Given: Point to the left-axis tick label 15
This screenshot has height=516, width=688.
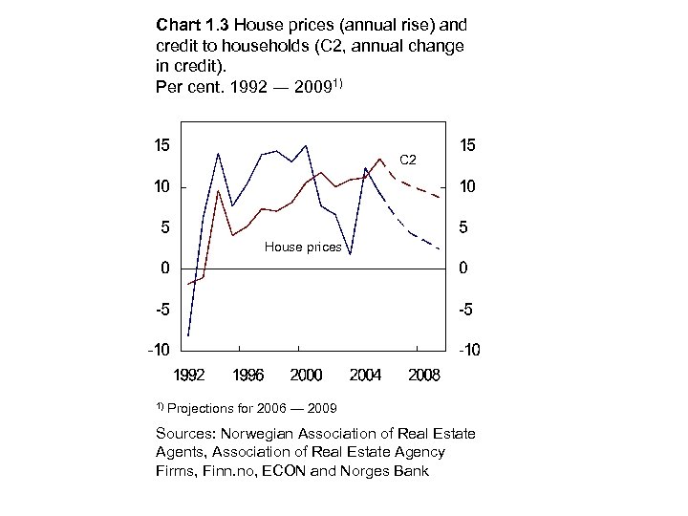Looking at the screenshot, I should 162,146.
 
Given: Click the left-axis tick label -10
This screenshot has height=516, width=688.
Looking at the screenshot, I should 159,350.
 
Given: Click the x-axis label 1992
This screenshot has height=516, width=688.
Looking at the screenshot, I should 188,376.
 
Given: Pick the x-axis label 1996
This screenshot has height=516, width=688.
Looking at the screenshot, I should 247,376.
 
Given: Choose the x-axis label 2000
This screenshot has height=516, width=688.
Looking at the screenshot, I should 306,376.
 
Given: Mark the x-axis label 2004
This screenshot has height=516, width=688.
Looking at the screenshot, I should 365,376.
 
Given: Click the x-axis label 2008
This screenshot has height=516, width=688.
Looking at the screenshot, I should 423,376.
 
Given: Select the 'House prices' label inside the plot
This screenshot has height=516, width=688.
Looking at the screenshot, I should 303,247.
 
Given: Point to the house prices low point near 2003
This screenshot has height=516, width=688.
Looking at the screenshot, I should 350,254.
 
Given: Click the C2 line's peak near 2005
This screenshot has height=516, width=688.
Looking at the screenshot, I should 379,159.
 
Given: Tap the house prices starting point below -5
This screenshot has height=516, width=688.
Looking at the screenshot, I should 188,335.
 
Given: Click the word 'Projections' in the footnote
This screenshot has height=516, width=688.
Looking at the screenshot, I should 203,409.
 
